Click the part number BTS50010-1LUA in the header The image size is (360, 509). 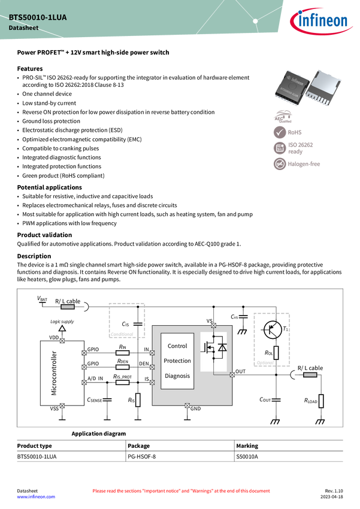pyautogui.click(x=38, y=18)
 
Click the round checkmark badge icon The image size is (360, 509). pyautogui.click(x=280, y=132)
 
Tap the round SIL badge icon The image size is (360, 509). pyautogui.click(x=280, y=148)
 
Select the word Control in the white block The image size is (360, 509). pyautogui.click(x=177, y=346)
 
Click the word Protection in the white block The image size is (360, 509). pyautogui.click(x=177, y=361)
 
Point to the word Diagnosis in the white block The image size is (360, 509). pyautogui.click(x=177, y=376)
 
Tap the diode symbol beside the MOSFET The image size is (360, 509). pyautogui.click(x=222, y=347)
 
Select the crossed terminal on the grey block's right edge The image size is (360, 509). pyautogui.click(x=232, y=375)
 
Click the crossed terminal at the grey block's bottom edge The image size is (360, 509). pyautogui.click(x=187, y=405)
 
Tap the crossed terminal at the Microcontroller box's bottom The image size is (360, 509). pyautogui.click(x=62, y=405)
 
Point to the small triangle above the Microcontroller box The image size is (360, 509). pyautogui.click(x=62, y=329)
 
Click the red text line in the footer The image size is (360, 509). pyautogui.click(x=181, y=490)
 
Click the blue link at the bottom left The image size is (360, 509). pyautogui.click(x=35, y=497)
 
